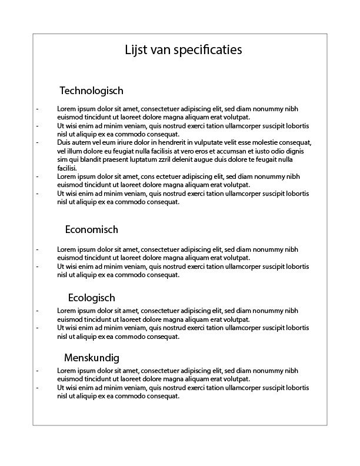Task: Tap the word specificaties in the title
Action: coord(209,51)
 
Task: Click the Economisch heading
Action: coord(91,229)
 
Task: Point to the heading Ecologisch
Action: coord(91,298)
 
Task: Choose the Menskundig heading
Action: coord(91,358)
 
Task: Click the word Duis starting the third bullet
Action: coord(64,142)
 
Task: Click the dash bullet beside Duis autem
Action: coord(38,142)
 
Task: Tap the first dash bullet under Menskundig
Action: coord(38,371)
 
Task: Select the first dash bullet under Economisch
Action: coord(38,249)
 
